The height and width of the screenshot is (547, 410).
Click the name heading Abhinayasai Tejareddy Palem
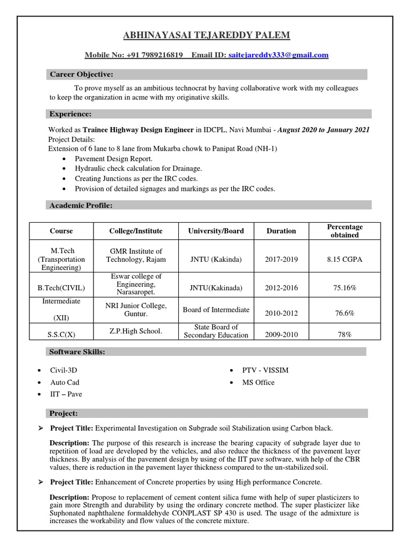[x=207, y=35]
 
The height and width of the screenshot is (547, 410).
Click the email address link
[x=278, y=55]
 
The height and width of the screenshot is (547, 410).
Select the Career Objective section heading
[x=81, y=74]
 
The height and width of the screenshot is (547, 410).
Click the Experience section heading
[x=70, y=114]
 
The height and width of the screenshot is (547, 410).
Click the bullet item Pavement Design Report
[x=114, y=159]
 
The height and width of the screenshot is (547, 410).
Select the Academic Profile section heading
[x=81, y=205]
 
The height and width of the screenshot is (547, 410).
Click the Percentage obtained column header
[x=345, y=231]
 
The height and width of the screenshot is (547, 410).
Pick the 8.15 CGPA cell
[x=345, y=260]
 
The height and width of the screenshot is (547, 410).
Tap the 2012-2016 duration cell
[x=281, y=288]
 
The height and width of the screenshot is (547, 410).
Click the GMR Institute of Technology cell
[x=136, y=255]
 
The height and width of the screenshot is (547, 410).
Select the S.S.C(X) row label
[x=61, y=335]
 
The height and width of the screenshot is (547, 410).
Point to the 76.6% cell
[x=345, y=313]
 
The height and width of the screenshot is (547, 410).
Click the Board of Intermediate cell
[x=216, y=309]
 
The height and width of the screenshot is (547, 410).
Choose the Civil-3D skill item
[x=67, y=370]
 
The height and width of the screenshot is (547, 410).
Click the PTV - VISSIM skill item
[x=266, y=370]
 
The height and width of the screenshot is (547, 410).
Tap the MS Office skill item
[x=258, y=382]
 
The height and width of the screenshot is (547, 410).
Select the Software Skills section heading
[x=77, y=351]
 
